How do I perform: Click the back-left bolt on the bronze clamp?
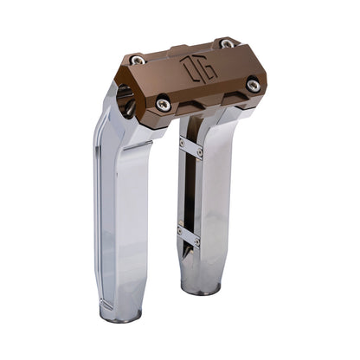138,60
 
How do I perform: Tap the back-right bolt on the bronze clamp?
227,43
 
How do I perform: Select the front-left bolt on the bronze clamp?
164,104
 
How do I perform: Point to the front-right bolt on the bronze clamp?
252,85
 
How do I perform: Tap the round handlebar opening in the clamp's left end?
125,100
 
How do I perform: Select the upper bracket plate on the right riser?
191,147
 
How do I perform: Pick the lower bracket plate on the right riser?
190,236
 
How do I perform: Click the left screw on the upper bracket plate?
182,140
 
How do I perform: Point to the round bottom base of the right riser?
200,285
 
